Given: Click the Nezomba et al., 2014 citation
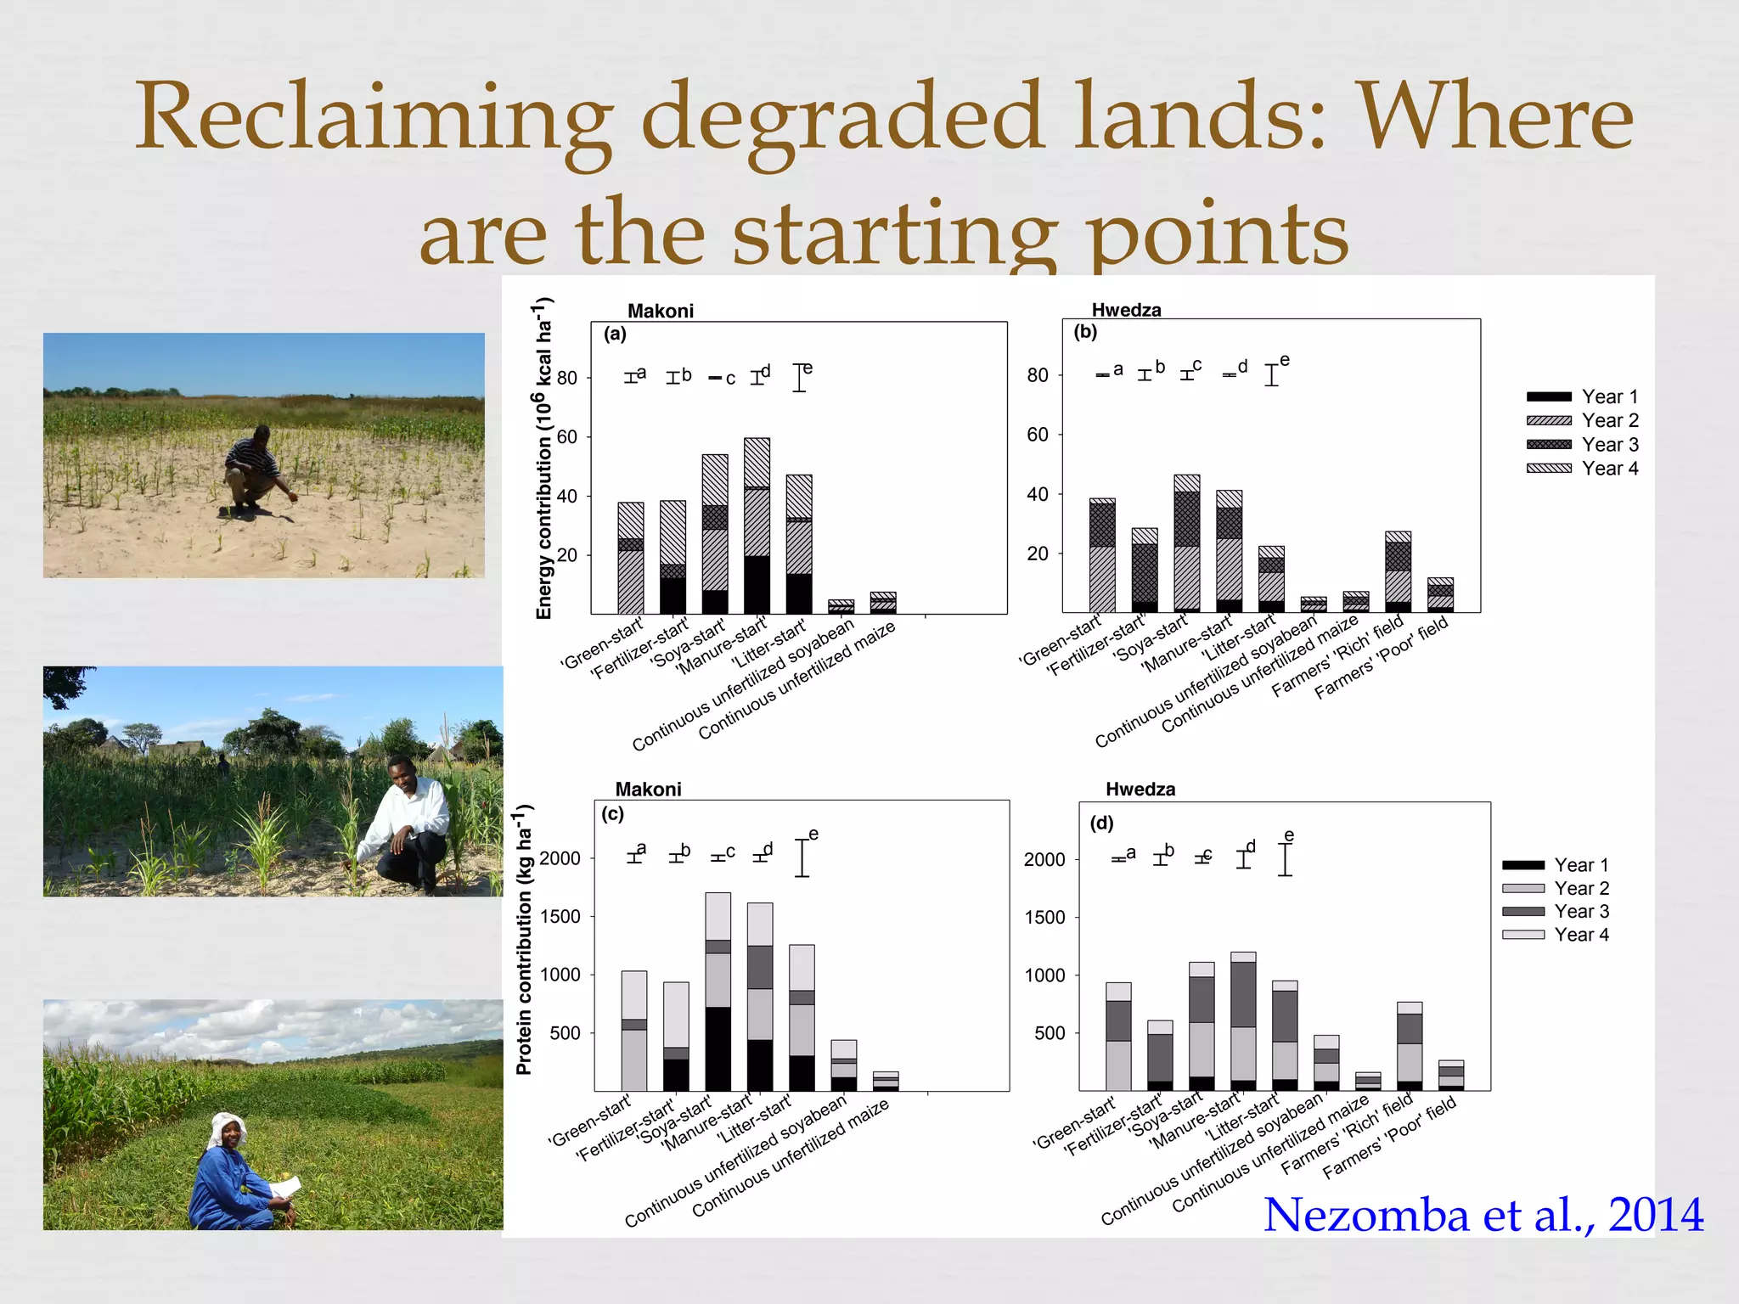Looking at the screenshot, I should [x=1483, y=1215].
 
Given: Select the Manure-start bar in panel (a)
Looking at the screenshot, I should [x=757, y=526].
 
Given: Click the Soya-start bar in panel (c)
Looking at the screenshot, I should [x=718, y=993].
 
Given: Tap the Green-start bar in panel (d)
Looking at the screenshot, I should [x=1118, y=1037].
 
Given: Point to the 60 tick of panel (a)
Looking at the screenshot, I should [x=567, y=437].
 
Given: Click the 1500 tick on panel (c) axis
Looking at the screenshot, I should [x=560, y=917].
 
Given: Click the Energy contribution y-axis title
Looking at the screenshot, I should [x=544, y=458].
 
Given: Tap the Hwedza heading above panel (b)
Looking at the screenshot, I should [x=1126, y=310].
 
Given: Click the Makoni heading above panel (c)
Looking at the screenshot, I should [x=648, y=790].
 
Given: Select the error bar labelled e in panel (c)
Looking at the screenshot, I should [x=802, y=857].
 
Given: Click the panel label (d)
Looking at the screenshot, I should [x=1101, y=823].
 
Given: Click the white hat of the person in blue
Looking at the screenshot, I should [x=228, y=1129].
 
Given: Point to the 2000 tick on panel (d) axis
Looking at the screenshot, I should [x=1044, y=860].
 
